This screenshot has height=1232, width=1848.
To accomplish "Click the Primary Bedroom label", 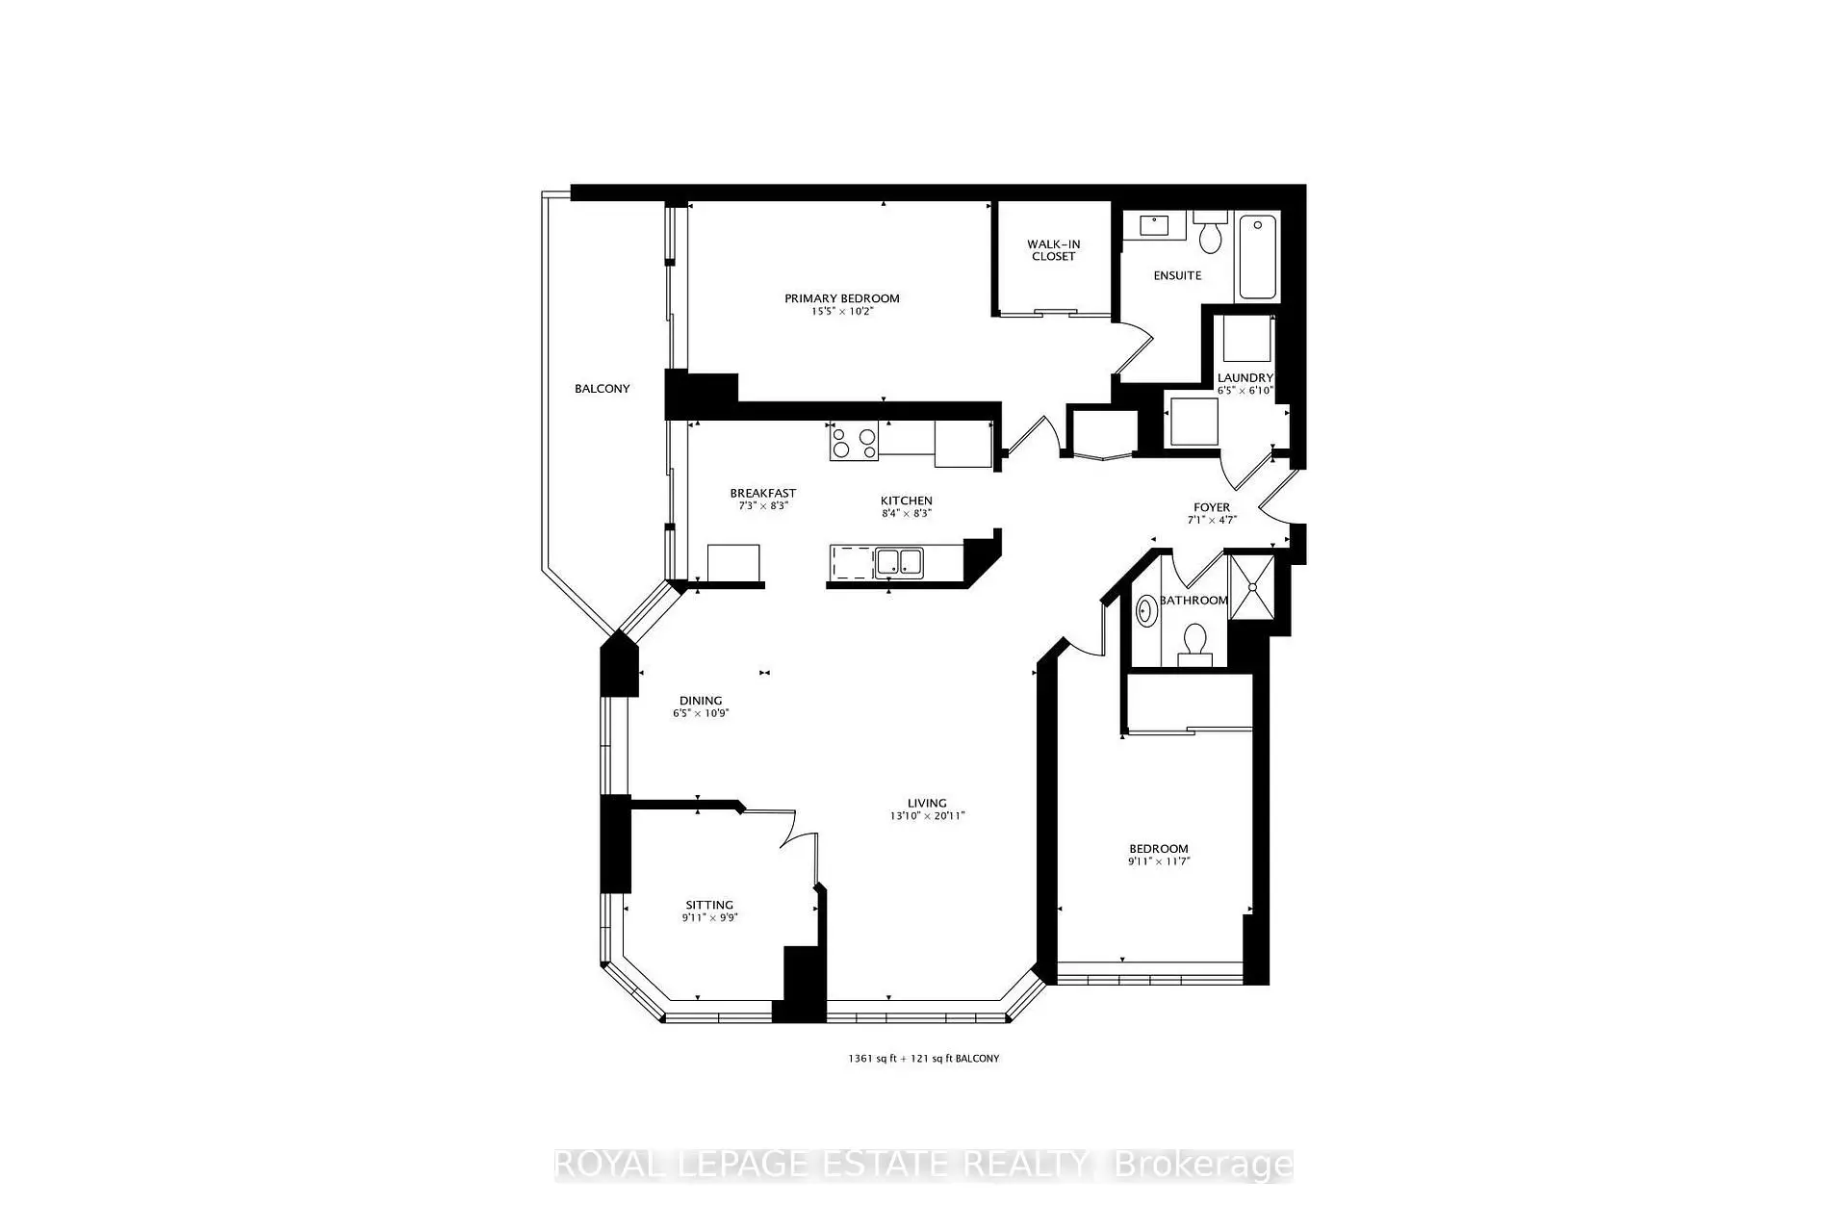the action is [841, 298].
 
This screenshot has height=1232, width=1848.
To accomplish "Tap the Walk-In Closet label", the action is [1053, 250].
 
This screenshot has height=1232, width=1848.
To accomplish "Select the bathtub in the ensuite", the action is [1258, 257].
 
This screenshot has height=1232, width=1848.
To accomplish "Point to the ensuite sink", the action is [1153, 225].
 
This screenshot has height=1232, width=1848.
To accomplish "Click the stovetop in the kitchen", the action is [854, 443].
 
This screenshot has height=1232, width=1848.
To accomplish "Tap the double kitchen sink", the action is [899, 561].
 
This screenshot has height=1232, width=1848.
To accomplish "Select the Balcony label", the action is [603, 389].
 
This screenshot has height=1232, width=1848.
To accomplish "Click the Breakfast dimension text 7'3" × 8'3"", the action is [763, 505].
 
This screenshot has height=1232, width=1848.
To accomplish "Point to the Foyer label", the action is [1212, 507].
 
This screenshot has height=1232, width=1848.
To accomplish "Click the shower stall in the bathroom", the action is [1252, 586].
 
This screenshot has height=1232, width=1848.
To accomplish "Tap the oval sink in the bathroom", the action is [1145, 611].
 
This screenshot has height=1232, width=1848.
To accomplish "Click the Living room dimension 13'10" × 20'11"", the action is [927, 816].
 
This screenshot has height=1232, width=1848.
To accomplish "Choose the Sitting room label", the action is [709, 905].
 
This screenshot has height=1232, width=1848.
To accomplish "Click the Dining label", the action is [701, 701].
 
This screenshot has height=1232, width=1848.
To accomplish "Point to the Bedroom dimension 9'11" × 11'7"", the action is [1159, 861].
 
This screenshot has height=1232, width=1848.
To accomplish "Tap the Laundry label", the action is [1245, 378].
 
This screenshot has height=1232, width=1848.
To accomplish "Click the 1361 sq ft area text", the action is [872, 1059].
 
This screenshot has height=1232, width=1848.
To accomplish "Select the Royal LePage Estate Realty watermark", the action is [924, 1165].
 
